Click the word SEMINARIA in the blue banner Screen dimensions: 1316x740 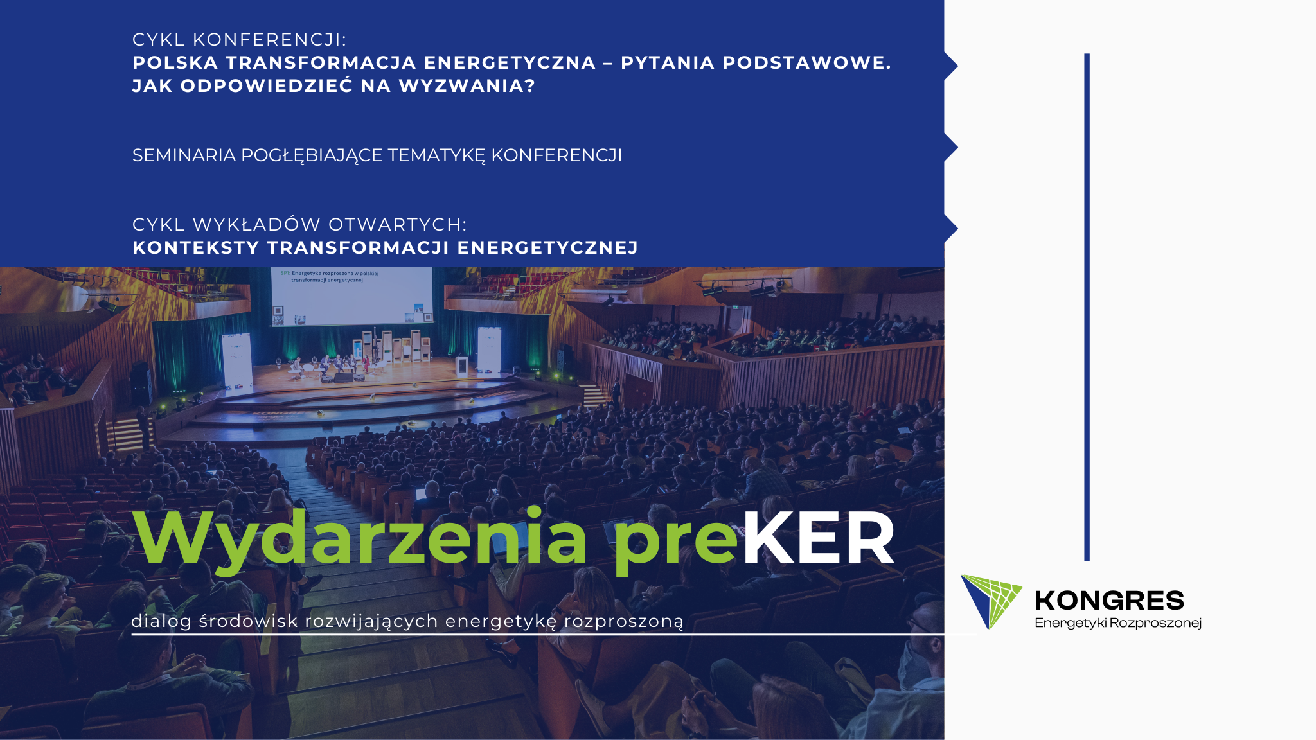[x=184, y=155]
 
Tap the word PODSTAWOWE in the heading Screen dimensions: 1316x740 [x=806, y=63]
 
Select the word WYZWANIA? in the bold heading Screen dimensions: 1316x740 [x=467, y=86]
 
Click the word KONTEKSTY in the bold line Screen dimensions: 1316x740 [x=196, y=248]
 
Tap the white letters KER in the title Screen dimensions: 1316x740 [x=818, y=538]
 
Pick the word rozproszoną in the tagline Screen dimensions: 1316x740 [x=624, y=622]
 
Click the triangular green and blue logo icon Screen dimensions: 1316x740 [x=990, y=601]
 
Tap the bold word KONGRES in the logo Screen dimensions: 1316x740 [x=1110, y=601]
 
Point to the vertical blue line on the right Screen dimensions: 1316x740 [x=1087, y=307]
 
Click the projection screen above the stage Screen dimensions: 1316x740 [x=352, y=296]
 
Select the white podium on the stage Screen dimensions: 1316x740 [x=462, y=366]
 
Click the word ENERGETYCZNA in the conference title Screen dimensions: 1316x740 [x=510, y=63]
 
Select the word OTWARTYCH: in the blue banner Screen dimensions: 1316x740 [x=398, y=225]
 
